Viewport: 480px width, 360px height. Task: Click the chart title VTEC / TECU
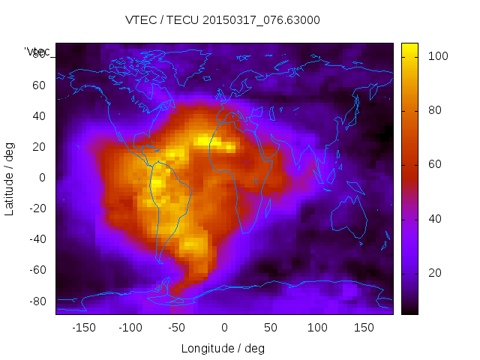click(223, 20)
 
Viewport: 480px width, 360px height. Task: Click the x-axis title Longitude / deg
click(223, 348)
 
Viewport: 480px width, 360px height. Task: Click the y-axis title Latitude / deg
click(10, 177)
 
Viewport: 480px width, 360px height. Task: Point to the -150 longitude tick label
click(83, 327)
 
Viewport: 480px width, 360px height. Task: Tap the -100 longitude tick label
click(130, 327)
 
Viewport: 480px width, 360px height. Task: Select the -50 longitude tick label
click(177, 327)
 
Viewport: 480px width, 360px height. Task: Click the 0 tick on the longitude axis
click(224, 327)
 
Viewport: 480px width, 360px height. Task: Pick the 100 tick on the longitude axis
click(318, 327)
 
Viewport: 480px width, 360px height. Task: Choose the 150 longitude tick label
click(364, 327)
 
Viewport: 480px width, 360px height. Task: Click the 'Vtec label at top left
click(37, 52)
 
